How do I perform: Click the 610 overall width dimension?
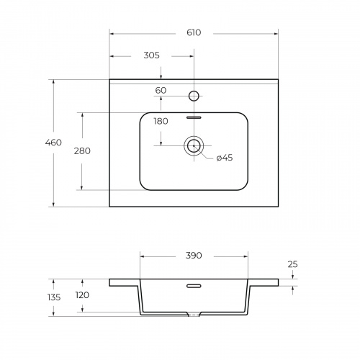[194, 32]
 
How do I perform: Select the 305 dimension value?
[151, 55]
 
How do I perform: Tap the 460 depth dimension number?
[53, 143]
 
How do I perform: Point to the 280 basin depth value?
[82, 151]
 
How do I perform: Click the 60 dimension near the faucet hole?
[161, 91]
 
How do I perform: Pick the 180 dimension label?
[161, 122]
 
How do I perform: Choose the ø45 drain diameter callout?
[225, 158]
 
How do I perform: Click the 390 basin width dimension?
[194, 256]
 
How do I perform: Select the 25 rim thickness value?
[292, 264]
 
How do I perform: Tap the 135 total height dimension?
[54, 297]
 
